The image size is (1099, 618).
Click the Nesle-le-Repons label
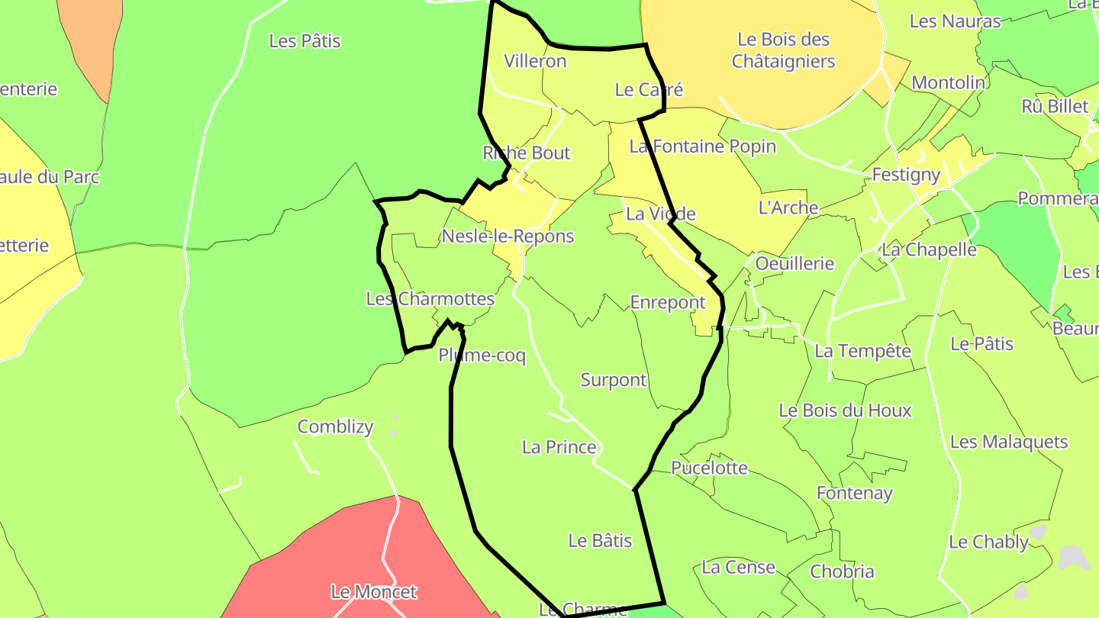tap(508, 237)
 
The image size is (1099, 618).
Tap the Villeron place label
tap(536, 62)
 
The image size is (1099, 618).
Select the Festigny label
tap(906, 175)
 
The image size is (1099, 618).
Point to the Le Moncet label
tap(374, 591)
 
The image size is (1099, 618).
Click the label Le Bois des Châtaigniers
tap(784, 50)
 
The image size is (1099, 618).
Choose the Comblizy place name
tap(335, 426)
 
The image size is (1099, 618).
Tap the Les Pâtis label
tap(305, 41)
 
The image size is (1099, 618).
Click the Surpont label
tap(614, 380)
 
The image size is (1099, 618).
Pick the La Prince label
tap(559, 447)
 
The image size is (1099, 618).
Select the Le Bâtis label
tap(601, 541)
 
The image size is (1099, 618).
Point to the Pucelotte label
tap(710, 468)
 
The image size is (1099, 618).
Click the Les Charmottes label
tap(430, 299)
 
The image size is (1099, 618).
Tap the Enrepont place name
tap(668, 303)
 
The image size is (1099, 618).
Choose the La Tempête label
tap(863, 351)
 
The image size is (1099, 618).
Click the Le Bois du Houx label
tap(845, 410)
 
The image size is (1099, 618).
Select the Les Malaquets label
tap(1009, 442)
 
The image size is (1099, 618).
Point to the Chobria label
tap(843, 571)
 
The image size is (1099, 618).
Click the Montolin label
tap(949, 82)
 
